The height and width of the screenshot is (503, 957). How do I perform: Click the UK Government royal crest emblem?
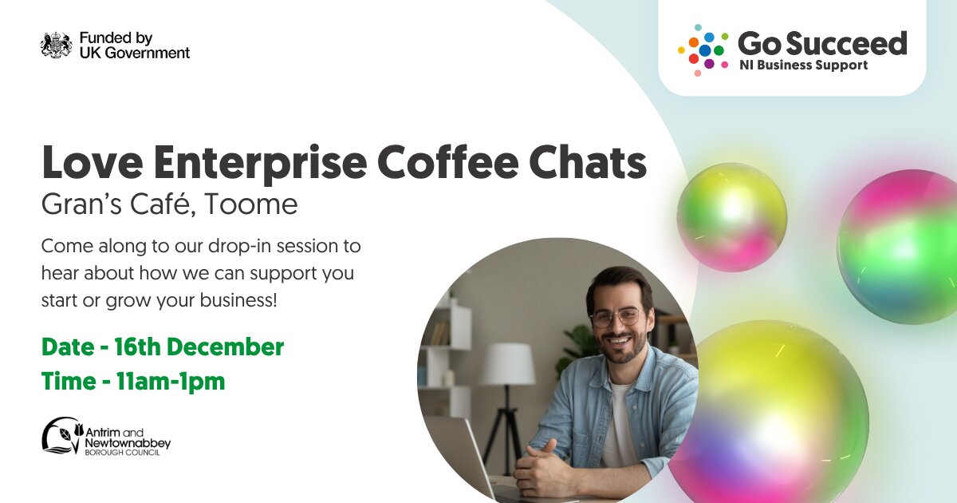coord(57,45)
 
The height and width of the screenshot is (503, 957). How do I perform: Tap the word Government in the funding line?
coord(148,53)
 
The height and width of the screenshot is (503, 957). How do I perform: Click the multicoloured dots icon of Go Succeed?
coord(703,50)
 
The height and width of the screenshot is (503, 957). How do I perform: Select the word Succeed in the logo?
coord(846,44)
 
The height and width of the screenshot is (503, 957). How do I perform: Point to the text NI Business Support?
coord(804,65)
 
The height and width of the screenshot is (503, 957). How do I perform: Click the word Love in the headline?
coord(93,163)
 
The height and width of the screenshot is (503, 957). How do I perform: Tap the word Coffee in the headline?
coord(447,163)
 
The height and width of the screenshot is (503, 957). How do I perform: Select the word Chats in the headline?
coord(588,163)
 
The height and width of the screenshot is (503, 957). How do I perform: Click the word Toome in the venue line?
coord(250,204)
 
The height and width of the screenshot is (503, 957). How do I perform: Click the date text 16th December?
coord(199,347)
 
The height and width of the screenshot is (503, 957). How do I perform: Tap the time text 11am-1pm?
coord(170,382)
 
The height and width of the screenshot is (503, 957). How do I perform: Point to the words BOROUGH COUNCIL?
coord(122,453)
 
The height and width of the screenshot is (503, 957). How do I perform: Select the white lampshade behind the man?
coord(508,364)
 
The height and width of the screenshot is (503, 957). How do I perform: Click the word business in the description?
coord(238,300)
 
